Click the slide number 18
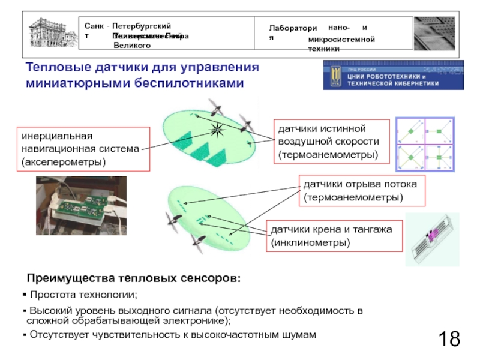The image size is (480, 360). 449,338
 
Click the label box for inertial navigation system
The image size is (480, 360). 82,148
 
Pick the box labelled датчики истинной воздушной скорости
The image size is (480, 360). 332,142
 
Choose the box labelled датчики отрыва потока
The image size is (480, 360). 361,190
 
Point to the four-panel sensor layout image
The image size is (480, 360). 425,145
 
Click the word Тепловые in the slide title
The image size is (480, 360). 55,67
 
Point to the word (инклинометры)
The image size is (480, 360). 310,243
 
